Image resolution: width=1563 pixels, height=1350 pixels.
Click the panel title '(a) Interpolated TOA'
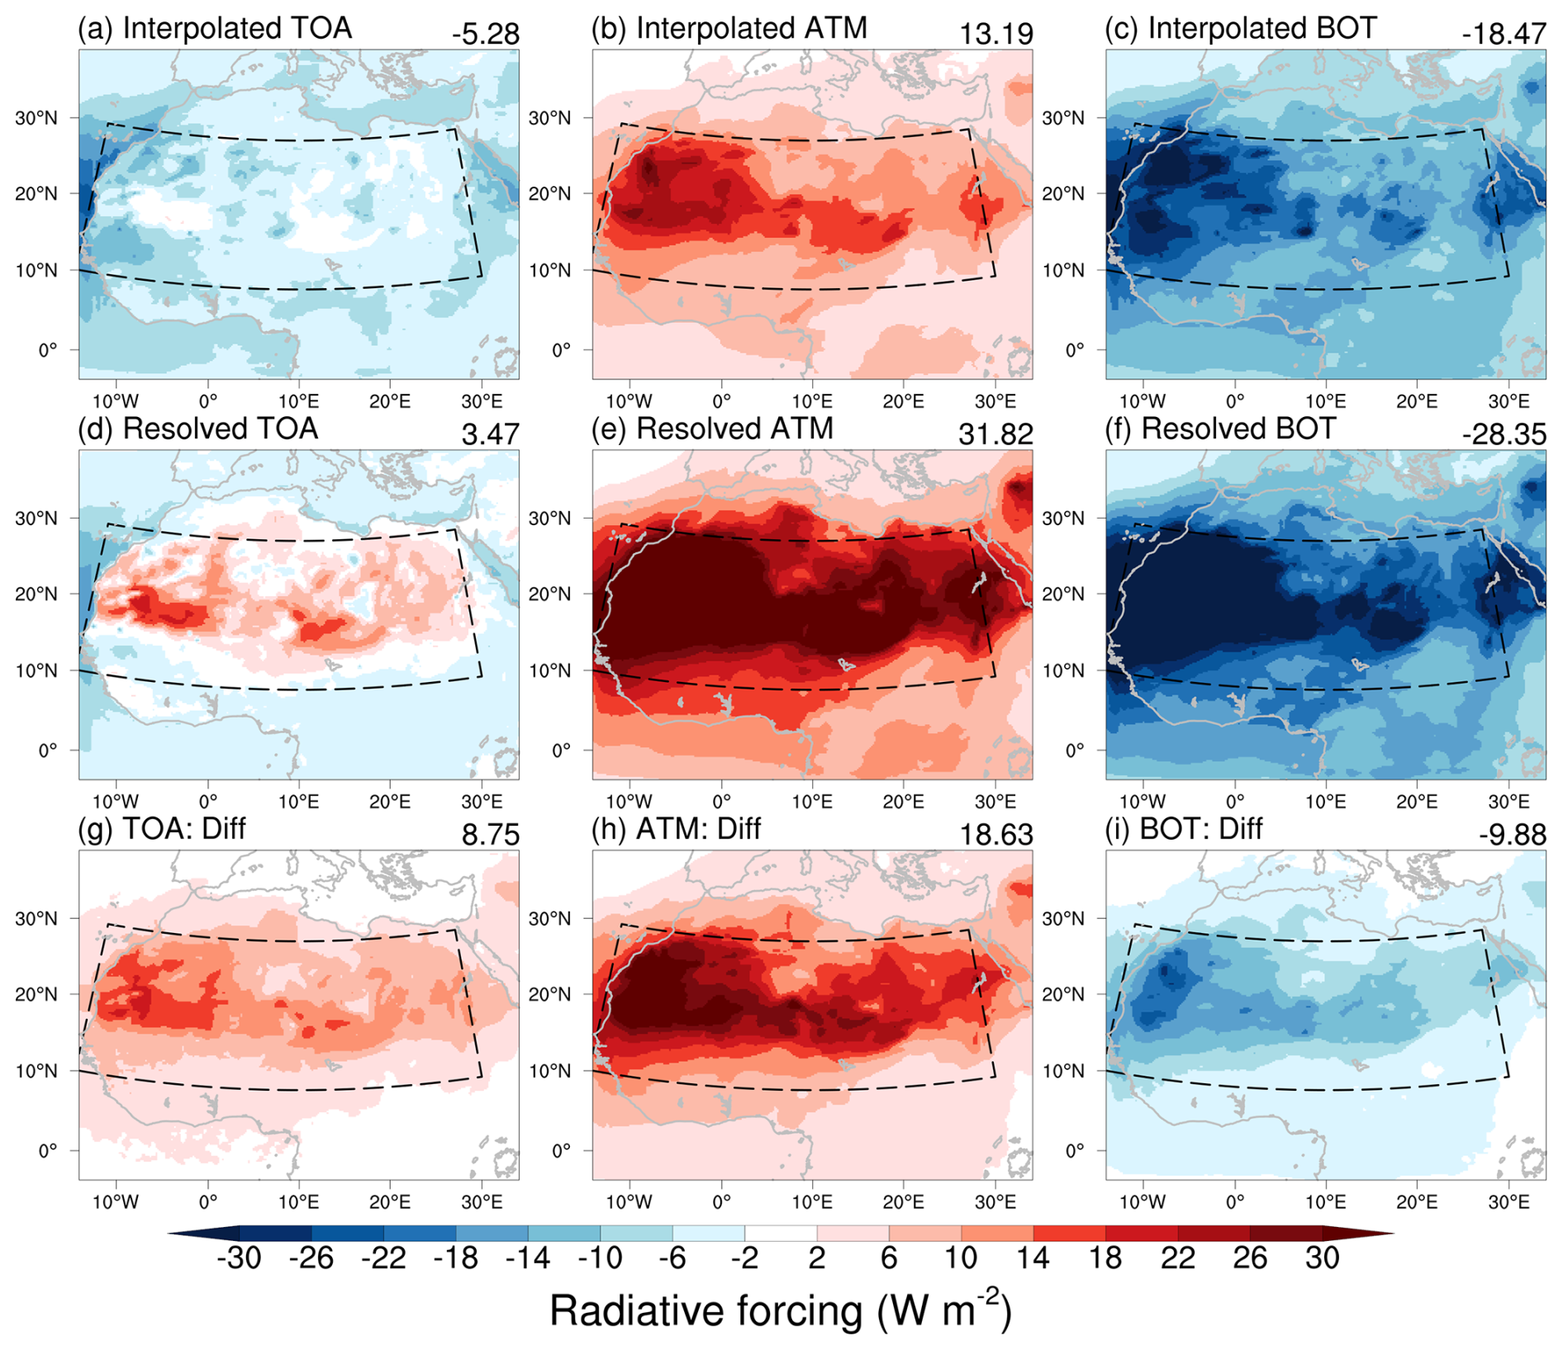(215, 28)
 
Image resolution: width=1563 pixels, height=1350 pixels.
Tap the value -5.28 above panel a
(486, 34)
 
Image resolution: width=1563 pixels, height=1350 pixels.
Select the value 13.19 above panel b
(996, 34)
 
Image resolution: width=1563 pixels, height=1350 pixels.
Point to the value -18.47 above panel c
(1504, 34)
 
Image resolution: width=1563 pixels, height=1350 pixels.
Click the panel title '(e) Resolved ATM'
(712, 429)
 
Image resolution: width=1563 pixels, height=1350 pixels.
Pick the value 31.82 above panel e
(996, 434)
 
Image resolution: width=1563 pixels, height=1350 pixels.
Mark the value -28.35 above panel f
(1504, 434)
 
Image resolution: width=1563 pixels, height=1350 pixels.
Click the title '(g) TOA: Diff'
(162, 828)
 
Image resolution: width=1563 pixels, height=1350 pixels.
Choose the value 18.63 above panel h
(996, 835)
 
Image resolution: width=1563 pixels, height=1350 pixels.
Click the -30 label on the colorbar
(239, 1258)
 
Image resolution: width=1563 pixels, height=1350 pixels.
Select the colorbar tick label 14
(1033, 1258)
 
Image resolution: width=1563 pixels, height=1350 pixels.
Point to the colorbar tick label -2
(744, 1258)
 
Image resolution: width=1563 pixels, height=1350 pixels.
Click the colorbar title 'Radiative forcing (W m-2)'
(781, 1310)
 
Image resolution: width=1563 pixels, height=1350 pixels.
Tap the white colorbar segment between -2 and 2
(781, 1234)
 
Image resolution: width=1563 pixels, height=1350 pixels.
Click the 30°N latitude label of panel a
(36, 118)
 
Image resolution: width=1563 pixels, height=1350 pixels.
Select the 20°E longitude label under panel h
(904, 1201)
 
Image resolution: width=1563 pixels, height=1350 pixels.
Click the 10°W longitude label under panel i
(1143, 1201)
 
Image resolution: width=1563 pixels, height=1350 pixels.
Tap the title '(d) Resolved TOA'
(198, 429)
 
